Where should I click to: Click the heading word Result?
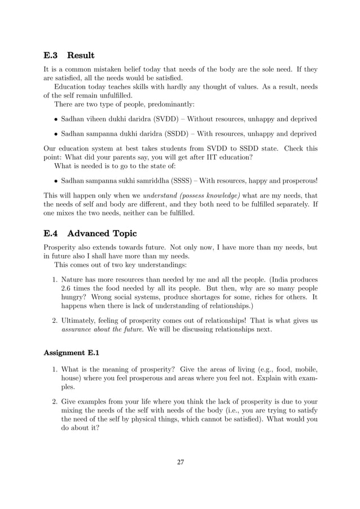coord(80,55)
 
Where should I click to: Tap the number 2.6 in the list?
coord(67,288)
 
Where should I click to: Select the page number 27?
coord(181,462)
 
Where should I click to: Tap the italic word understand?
coord(161,195)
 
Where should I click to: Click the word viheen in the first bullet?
coord(99,119)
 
